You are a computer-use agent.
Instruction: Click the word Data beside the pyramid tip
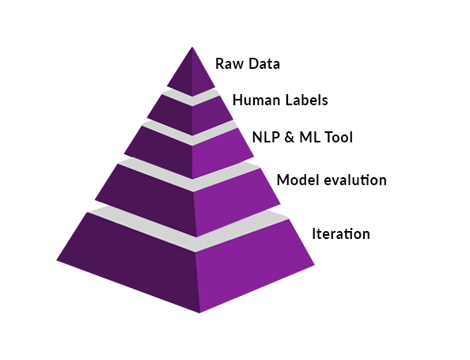point(264,64)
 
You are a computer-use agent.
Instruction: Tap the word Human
point(257,100)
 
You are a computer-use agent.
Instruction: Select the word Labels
point(307,100)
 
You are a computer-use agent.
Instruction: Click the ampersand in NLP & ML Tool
point(290,138)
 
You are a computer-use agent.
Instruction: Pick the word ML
point(310,138)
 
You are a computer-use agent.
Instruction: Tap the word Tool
point(339,138)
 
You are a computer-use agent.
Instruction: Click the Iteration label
point(341,234)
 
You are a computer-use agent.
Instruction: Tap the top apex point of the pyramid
point(192,47)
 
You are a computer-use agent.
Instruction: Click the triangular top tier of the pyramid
point(191,75)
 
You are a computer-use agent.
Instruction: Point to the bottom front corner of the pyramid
point(199,313)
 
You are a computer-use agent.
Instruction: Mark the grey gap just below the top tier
point(192,97)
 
